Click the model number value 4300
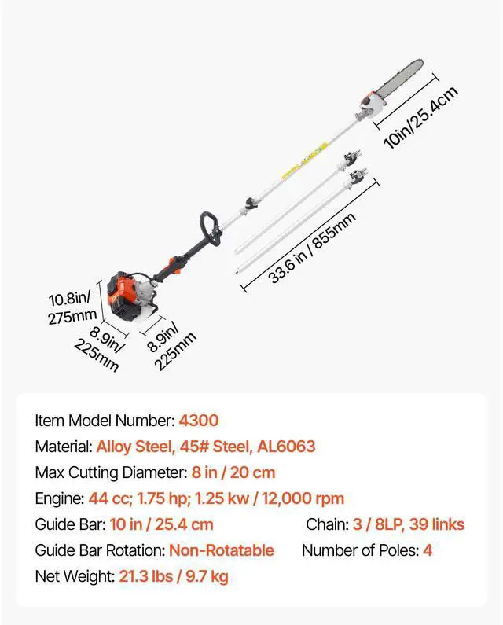point(200,421)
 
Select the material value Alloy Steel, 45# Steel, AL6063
point(206,447)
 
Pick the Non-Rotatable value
point(222,550)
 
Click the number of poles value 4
point(428,550)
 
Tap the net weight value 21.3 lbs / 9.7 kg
point(174,576)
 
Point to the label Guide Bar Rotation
point(99,550)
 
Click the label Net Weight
point(74,576)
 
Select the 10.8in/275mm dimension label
point(72,307)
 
